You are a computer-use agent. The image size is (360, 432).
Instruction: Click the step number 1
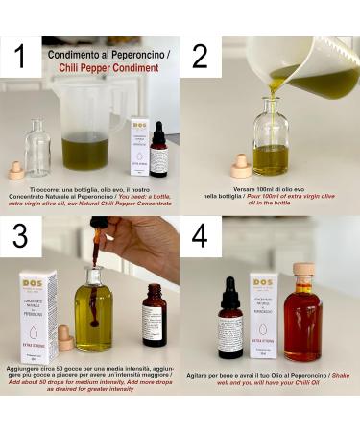coord(20,58)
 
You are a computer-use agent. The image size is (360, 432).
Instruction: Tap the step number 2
coord(200,57)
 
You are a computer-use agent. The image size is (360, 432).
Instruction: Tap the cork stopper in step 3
coord(65,337)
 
